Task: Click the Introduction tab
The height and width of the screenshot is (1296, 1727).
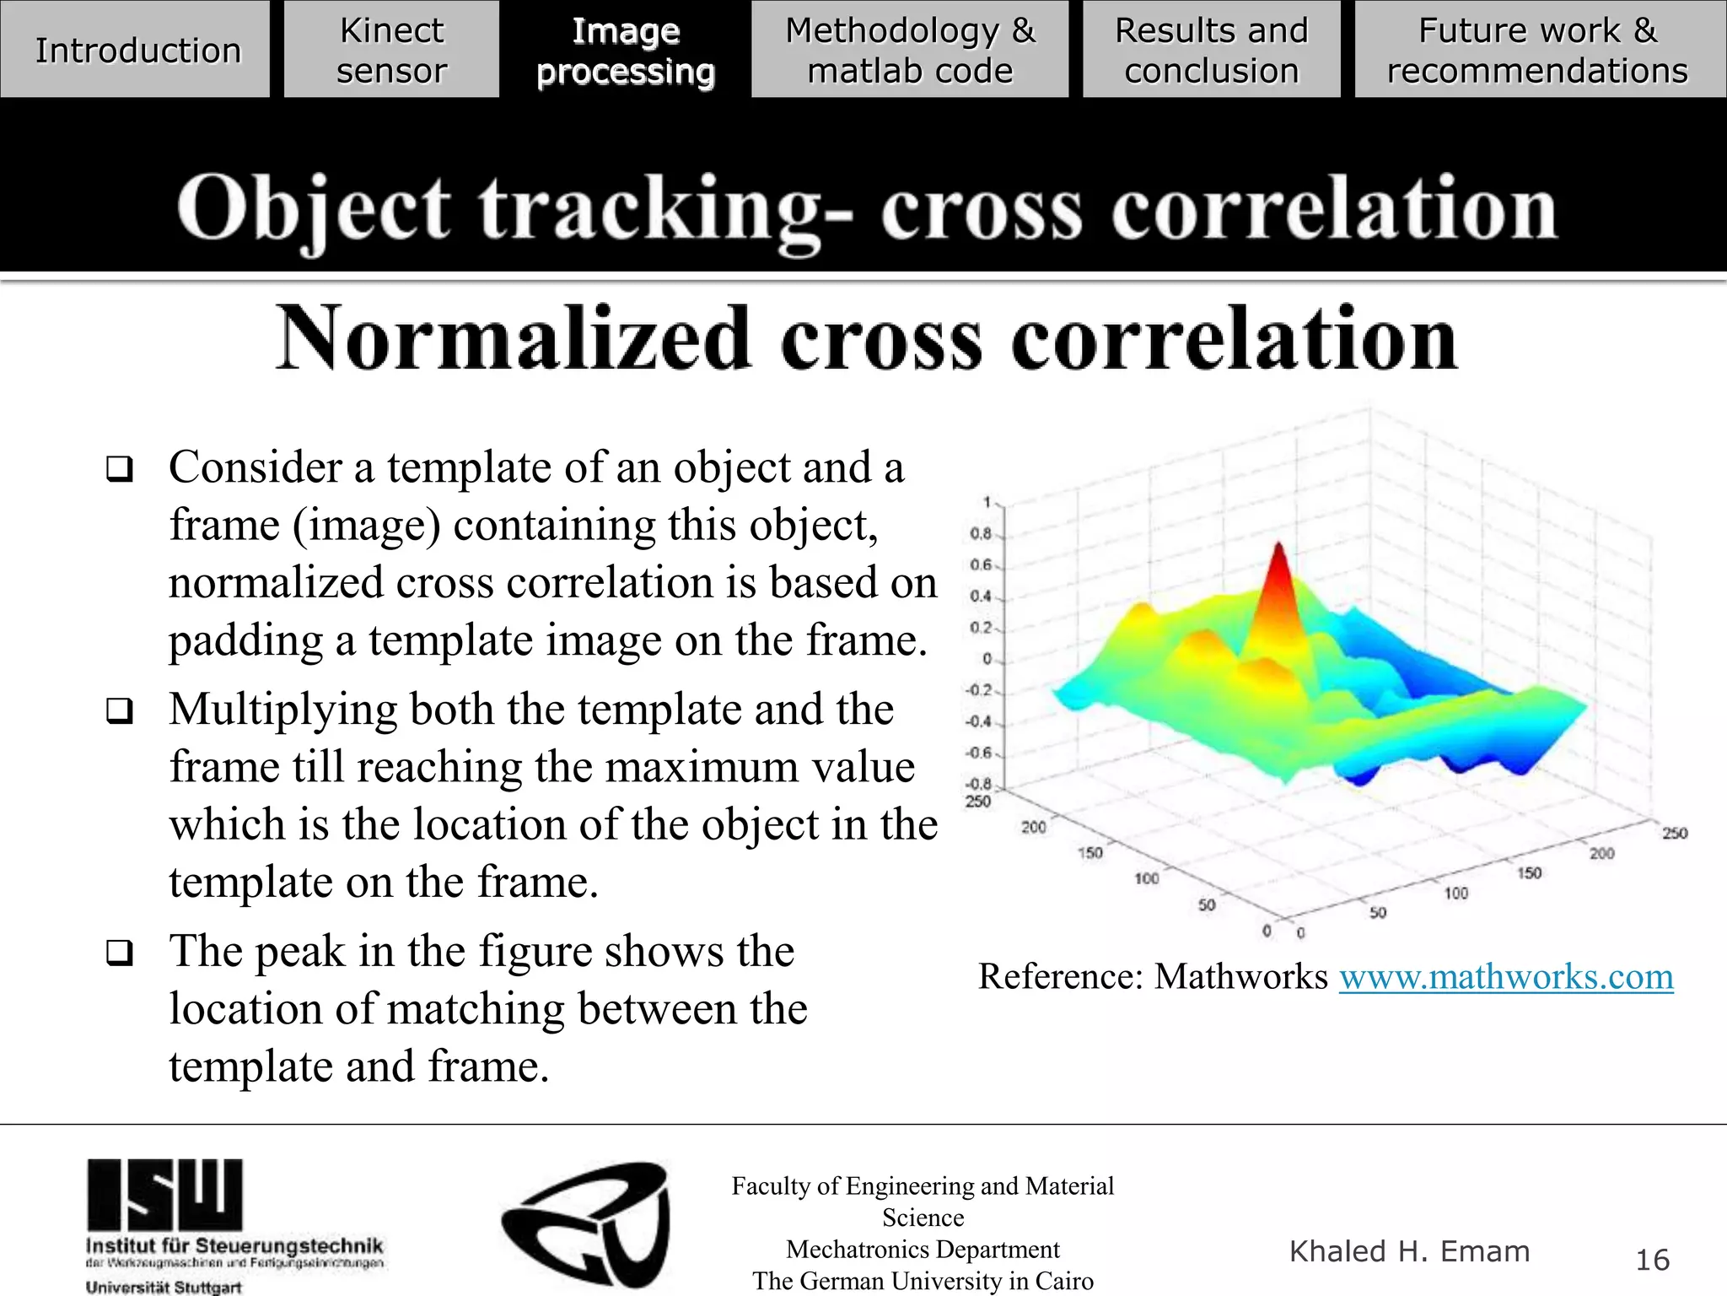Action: [x=137, y=50]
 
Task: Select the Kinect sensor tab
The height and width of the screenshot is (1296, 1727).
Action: [x=391, y=50]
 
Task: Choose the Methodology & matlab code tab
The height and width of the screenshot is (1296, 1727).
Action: [x=910, y=50]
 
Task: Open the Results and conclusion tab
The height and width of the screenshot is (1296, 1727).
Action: [x=1211, y=50]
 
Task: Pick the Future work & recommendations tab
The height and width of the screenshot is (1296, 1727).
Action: [x=1537, y=50]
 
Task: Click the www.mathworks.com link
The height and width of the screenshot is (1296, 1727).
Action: [x=1506, y=977]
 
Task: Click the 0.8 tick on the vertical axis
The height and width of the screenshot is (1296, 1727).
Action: [x=981, y=533]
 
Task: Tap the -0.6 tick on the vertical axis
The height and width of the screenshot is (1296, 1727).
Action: [x=979, y=753]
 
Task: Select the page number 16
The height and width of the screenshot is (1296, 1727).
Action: [x=1652, y=1260]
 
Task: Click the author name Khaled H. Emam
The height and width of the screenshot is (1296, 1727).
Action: [x=1409, y=1251]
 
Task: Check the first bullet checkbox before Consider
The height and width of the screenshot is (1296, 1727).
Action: [x=120, y=468]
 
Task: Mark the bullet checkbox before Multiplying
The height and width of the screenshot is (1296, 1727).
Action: [x=120, y=710]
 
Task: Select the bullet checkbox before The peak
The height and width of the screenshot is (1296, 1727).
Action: [x=120, y=953]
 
